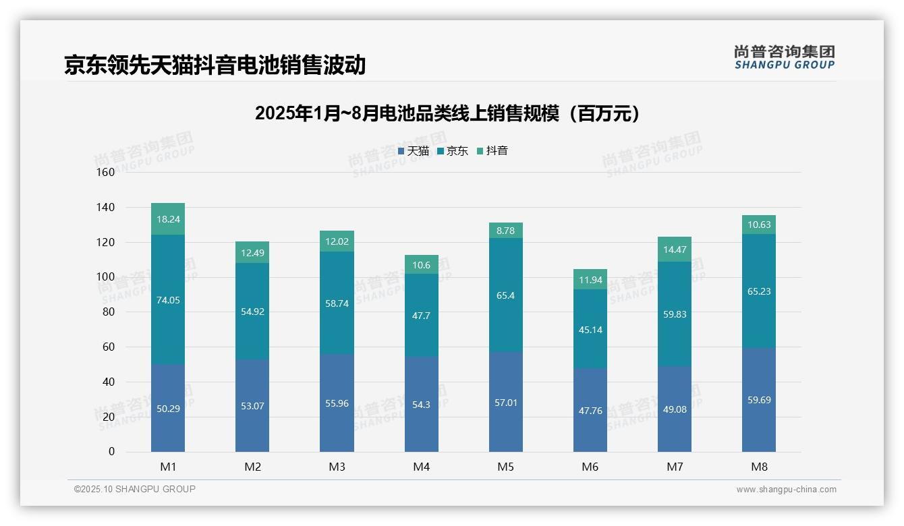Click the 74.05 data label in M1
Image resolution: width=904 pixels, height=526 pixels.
(x=168, y=301)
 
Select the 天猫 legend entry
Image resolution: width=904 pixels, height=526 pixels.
(x=414, y=151)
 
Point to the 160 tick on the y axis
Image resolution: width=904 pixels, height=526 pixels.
(x=106, y=173)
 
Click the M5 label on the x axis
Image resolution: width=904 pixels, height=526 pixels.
(x=505, y=467)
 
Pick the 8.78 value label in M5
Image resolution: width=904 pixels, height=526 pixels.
(x=505, y=231)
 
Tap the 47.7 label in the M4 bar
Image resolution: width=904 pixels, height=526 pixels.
(x=421, y=316)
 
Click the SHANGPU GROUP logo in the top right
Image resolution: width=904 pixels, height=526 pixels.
(x=784, y=57)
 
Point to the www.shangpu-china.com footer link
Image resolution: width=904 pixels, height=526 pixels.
(x=786, y=490)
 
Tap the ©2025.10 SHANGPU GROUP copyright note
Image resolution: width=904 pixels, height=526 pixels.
(x=135, y=490)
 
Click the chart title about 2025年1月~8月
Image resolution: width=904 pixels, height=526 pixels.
(x=447, y=114)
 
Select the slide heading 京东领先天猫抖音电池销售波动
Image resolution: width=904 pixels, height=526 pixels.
(x=215, y=65)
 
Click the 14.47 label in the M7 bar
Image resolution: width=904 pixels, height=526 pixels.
(x=674, y=250)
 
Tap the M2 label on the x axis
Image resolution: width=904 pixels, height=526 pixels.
(x=252, y=467)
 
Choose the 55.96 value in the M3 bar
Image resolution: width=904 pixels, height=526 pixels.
(x=337, y=403)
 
